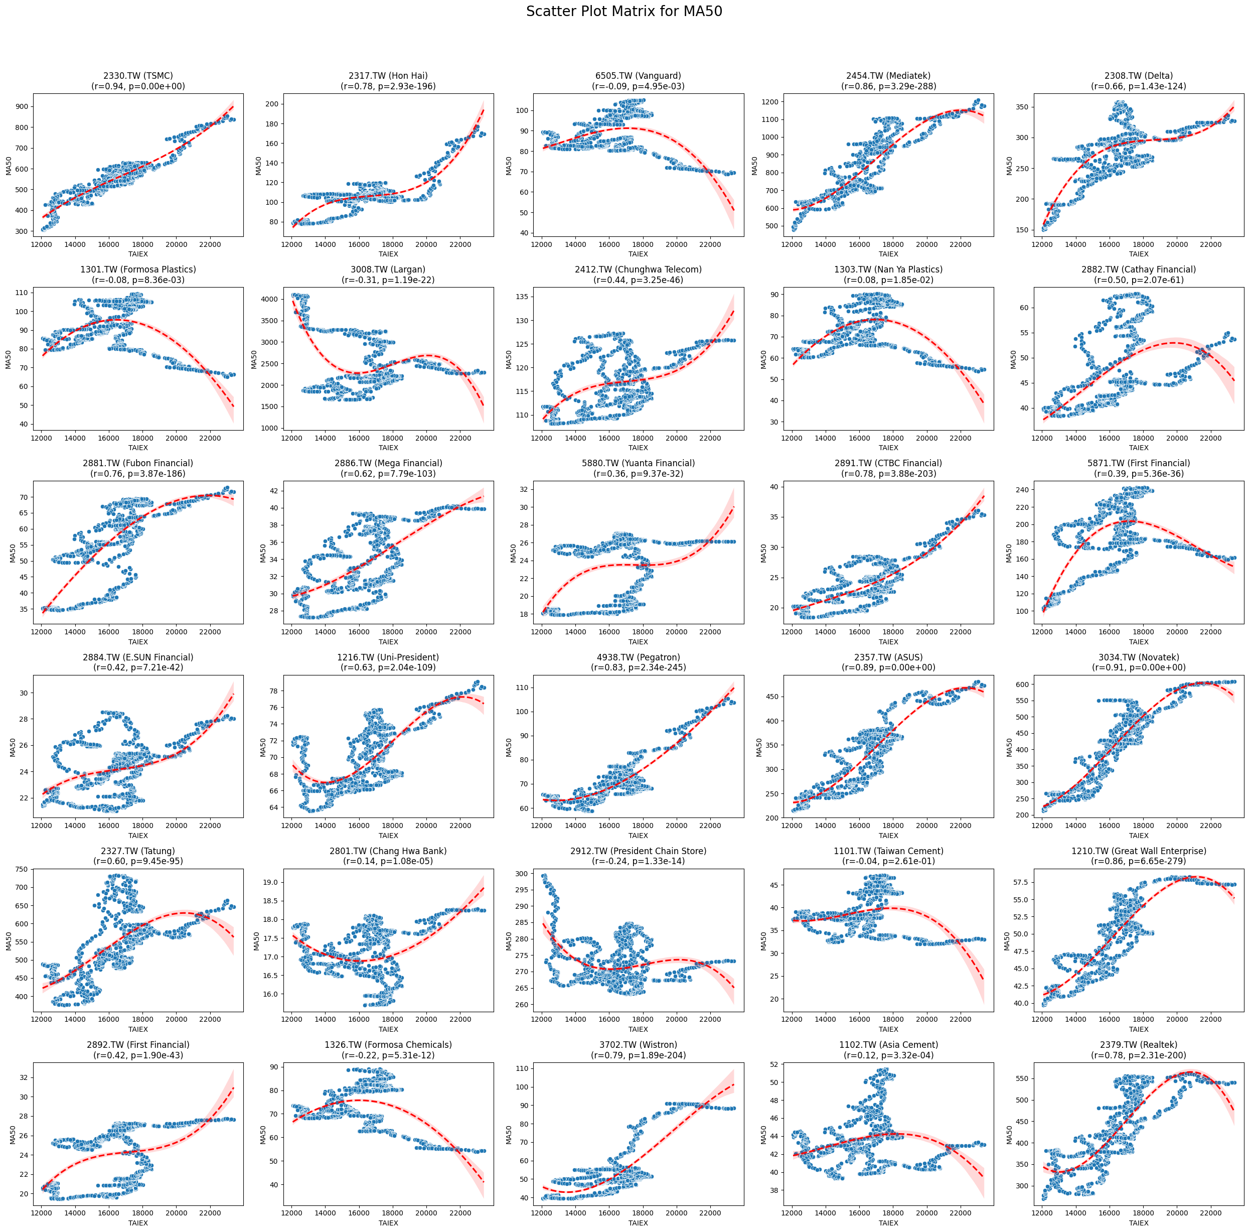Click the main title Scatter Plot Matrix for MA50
click(624, 12)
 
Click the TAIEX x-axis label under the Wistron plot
click(638, 1223)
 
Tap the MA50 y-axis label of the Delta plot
click(1009, 166)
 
